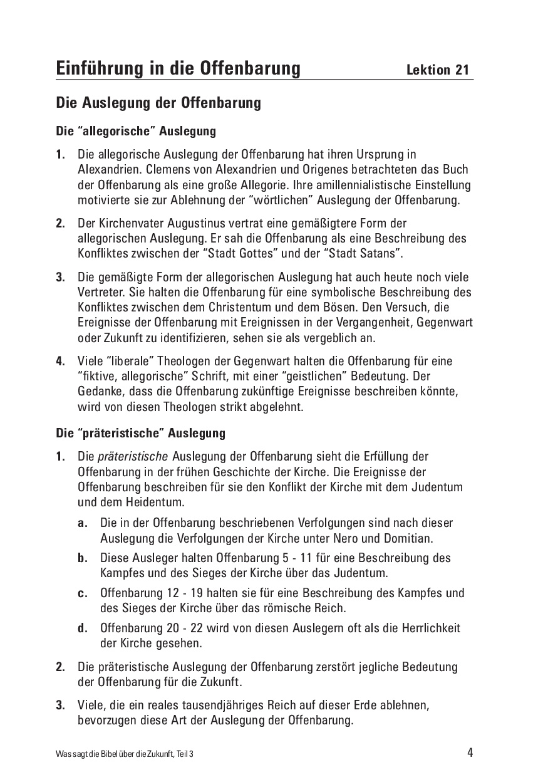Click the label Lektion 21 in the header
437,70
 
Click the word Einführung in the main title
98,68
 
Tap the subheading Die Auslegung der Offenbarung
158,102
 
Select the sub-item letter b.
82,558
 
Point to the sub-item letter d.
82,628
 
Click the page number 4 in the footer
470,753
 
